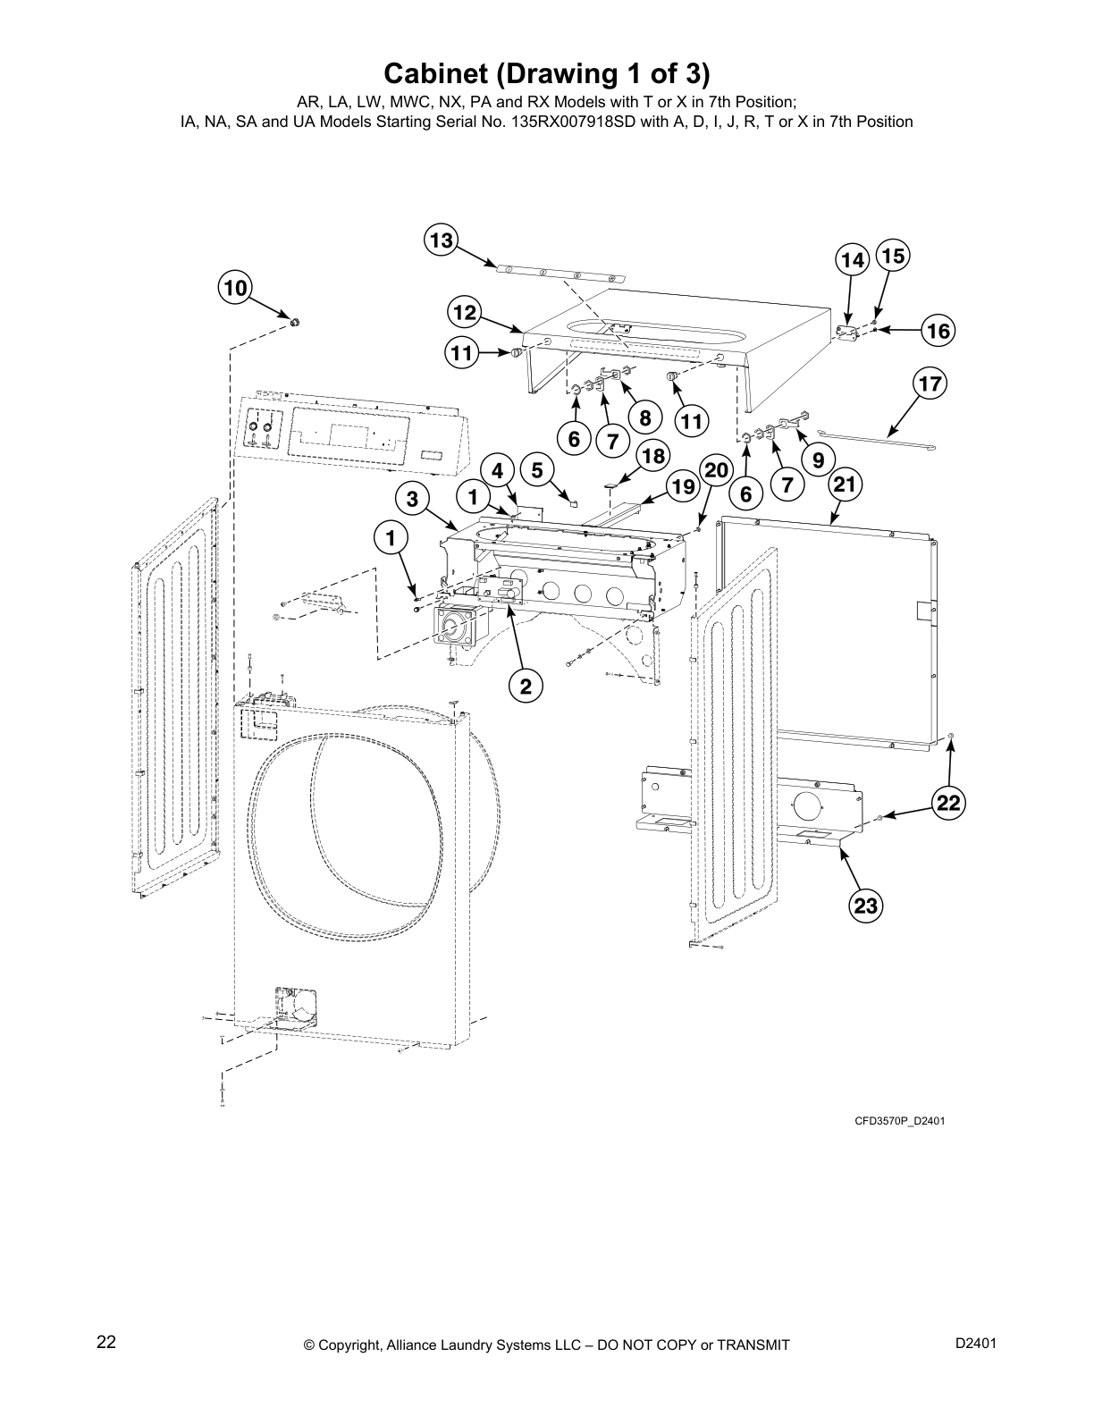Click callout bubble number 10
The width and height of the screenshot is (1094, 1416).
(x=234, y=288)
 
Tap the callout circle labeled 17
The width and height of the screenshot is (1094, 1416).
(x=930, y=384)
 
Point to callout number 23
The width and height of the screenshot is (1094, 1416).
(x=865, y=906)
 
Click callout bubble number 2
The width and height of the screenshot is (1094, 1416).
(x=526, y=686)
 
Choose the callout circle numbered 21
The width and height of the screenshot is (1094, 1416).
(x=846, y=485)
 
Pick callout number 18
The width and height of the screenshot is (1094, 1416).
(x=653, y=456)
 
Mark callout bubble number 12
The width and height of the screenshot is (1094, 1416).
(x=464, y=313)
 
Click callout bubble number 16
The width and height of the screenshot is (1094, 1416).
(x=938, y=331)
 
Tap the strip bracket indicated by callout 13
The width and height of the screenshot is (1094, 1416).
(x=554, y=273)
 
